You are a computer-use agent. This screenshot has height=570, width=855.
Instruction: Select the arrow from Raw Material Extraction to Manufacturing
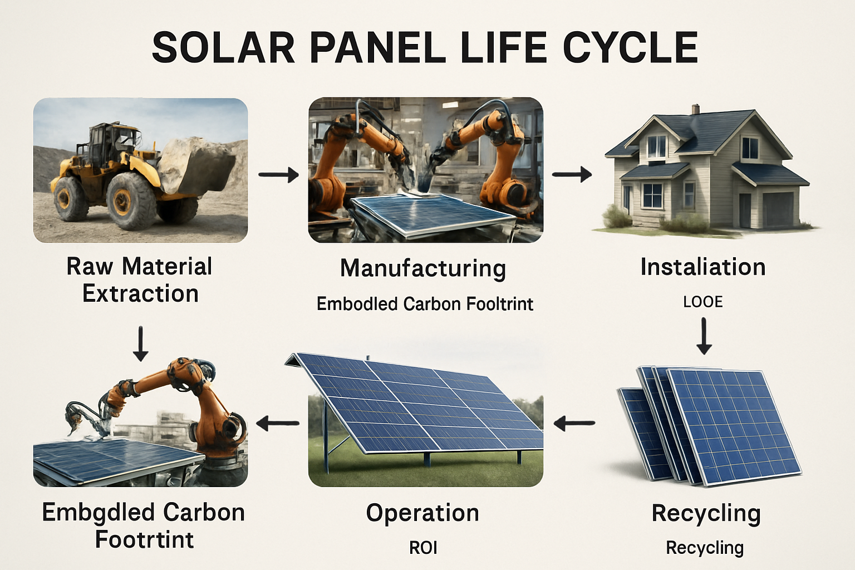click(x=278, y=175)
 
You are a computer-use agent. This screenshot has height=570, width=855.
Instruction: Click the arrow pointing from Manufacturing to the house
click(x=572, y=174)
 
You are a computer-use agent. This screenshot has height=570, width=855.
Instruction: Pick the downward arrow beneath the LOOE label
click(x=704, y=336)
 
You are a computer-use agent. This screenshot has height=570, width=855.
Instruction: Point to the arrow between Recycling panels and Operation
click(x=574, y=424)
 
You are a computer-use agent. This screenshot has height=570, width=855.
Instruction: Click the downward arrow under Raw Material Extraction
click(x=141, y=343)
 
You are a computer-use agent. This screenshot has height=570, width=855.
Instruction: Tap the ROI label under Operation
click(x=423, y=548)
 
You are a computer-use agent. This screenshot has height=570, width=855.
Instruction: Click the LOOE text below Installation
click(x=703, y=302)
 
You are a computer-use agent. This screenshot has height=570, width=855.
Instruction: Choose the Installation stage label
click(x=703, y=267)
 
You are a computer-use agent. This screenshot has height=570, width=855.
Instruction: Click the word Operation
click(x=422, y=513)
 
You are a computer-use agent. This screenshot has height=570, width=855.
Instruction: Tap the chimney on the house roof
click(x=696, y=109)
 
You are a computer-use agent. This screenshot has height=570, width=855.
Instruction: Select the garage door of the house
click(x=778, y=208)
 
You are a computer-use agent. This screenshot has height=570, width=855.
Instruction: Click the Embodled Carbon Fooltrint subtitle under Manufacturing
click(x=425, y=304)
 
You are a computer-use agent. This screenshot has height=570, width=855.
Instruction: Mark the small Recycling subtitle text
click(x=705, y=548)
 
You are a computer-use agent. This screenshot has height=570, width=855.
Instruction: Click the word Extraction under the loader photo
click(x=140, y=293)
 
